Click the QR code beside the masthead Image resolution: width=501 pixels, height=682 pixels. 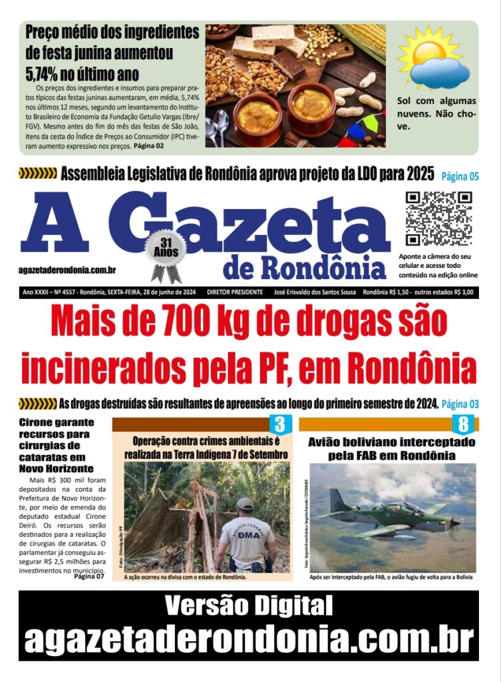(438, 218)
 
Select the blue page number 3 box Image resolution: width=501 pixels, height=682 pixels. (279, 424)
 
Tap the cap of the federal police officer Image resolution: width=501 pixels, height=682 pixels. (245, 504)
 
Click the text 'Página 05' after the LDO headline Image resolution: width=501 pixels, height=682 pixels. (460, 176)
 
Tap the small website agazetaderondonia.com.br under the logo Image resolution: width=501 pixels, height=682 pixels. (68, 270)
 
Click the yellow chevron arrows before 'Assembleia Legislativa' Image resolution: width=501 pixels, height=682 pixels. (37, 174)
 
